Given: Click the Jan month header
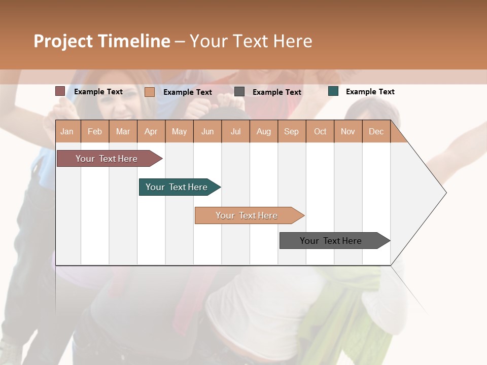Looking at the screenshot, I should tap(67, 131).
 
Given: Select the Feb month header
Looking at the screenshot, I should tap(95, 131).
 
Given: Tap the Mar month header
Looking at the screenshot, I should tap(123, 131).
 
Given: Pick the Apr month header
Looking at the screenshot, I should tap(151, 131).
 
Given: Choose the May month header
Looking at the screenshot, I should tap(179, 131).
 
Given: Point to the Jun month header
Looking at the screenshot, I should tap(207, 131).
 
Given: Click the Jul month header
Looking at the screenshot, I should tap(235, 131).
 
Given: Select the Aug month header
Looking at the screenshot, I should tap(264, 131).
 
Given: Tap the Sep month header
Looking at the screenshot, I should tap(292, 131).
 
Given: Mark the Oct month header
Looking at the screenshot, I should tap(320, 131).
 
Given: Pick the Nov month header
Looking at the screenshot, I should tap(348, 131).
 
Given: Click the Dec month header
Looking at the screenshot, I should tap(376, 131).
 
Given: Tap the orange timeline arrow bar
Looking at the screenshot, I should tap(247, 215).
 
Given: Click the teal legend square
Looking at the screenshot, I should tap(333, 91).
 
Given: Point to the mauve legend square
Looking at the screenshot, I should tap(60, 91).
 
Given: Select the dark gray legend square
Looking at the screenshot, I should tap(239, 91).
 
